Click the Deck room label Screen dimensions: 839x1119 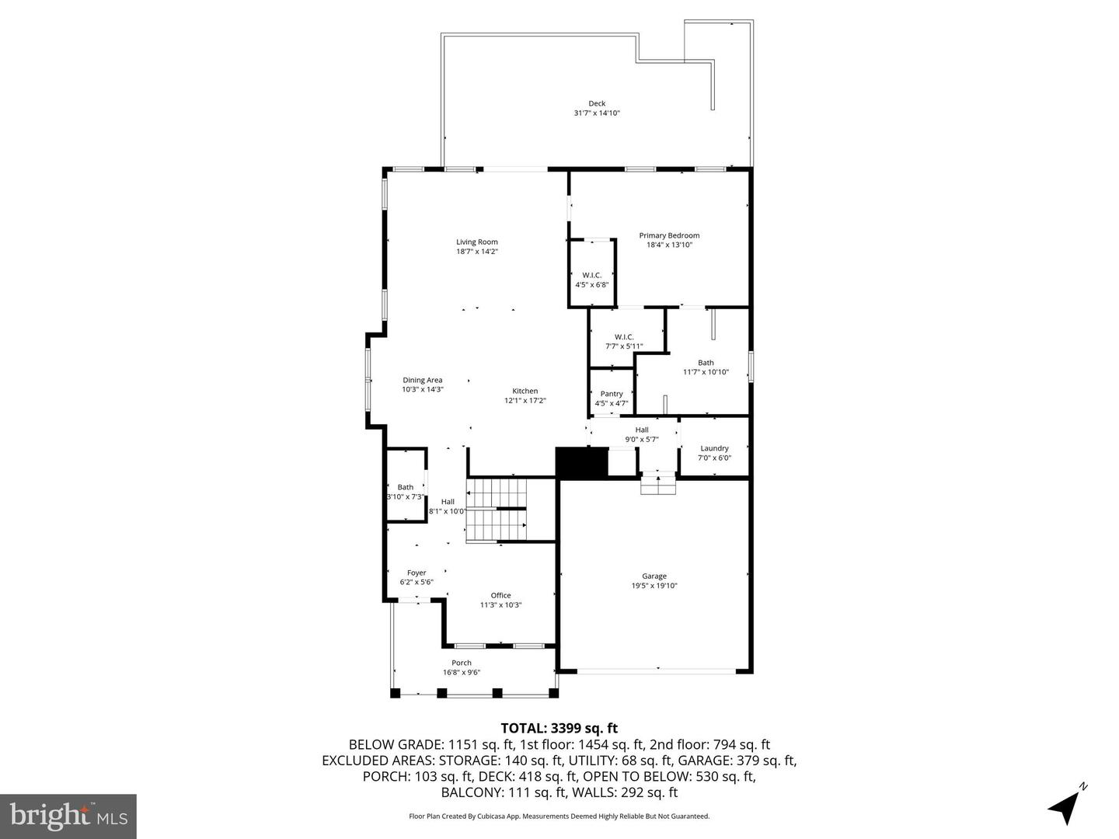click(596, 103)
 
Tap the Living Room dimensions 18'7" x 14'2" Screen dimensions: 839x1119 click(476, 252)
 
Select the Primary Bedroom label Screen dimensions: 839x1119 click(669, 235)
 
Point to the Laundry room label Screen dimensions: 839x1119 click(714, 448)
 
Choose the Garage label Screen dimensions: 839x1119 click(654, 576)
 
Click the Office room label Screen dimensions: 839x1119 click(500, 595)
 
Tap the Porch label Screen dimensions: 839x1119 click(462, 663)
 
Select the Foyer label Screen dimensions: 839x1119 click(417, 573)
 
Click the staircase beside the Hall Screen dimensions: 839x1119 click(496, 510)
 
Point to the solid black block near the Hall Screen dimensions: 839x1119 click(580, 463)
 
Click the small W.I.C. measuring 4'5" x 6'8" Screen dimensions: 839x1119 click(592, 279)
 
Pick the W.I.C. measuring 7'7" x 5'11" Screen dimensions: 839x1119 click(624, 341)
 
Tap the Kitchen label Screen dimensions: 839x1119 click(525, 391)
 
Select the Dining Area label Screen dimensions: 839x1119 click(422, 380)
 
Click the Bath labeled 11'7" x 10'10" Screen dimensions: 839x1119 click(706, 367)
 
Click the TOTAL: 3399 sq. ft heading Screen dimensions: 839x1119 click(559, 728)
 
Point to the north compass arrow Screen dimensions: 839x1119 click(1066, 806)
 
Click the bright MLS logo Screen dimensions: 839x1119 click(68, 816)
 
